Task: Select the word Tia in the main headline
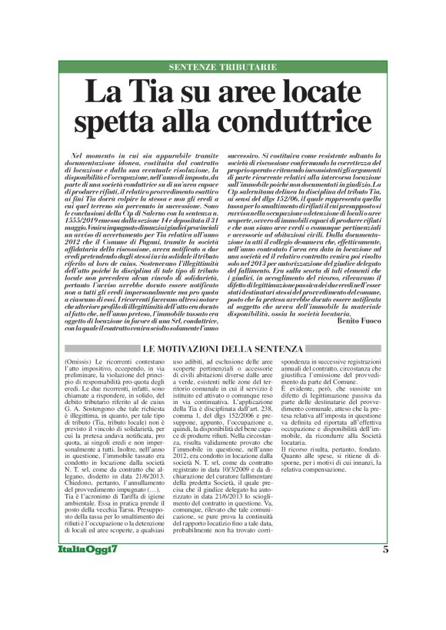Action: coord(164,92)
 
